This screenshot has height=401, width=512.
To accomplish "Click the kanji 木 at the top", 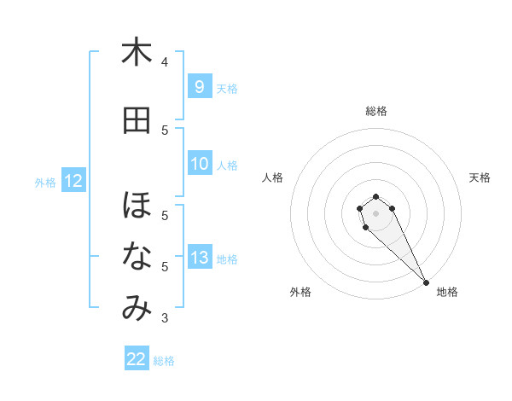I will coord(137,53).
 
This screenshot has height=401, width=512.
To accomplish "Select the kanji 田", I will coord(137,120).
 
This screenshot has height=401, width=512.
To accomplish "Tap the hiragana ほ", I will coord(137,206).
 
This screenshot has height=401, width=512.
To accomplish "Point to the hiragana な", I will coord(137,257).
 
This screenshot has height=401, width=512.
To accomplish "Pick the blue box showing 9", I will coord(199,87).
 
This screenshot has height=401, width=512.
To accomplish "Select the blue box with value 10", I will coord(200,165).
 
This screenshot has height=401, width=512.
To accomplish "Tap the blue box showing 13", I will coord(200,259).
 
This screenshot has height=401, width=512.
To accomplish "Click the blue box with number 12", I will coord(73,181).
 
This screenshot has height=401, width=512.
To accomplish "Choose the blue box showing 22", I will coord(137,359).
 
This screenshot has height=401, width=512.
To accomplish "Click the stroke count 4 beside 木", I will coord(165,62).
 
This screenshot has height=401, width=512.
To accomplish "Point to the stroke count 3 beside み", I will coord(165,318).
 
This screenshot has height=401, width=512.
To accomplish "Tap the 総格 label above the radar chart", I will coord(375,111).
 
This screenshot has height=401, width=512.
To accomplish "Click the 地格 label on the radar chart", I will coord(447,292).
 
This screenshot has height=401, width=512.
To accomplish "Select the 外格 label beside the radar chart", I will coord(300,292).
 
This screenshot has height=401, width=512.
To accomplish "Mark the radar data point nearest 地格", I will coord(426,282).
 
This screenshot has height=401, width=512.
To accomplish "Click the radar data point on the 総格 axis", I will coord(375,196).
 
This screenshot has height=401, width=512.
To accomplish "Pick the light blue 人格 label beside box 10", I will coord(227,166).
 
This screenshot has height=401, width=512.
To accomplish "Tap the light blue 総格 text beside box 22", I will coord(164,361).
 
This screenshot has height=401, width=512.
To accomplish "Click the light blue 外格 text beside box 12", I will coord(45,182).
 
